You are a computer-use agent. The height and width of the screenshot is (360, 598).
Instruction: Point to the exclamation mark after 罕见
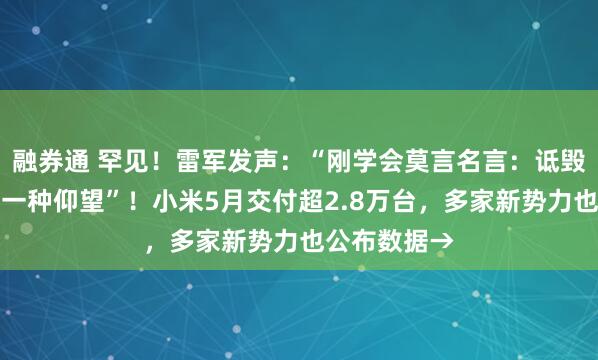(147, 160)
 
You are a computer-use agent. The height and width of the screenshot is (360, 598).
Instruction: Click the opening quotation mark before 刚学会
(293, 160)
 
